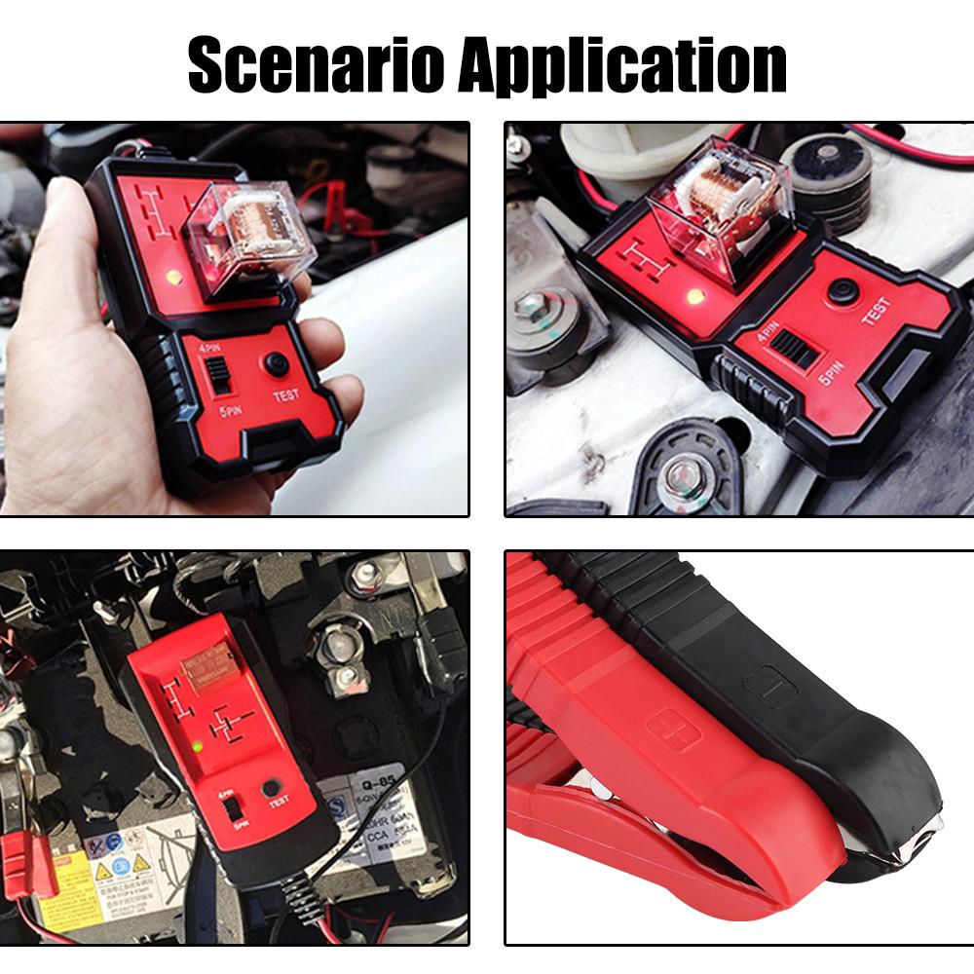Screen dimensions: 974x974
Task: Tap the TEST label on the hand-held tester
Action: coord(285,395)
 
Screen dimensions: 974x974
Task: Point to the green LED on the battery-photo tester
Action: coord(198,747)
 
